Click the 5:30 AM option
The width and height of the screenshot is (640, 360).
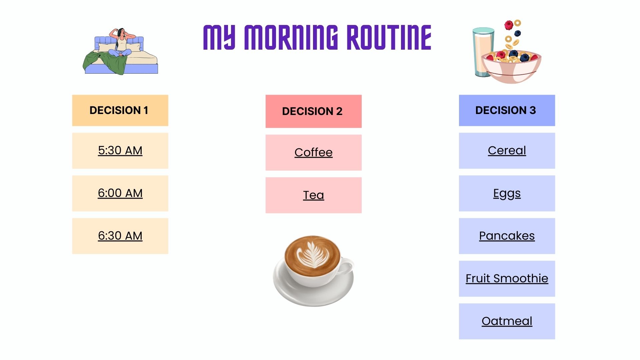[120, 151]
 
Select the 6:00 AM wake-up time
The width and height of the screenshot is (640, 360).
[120, 193]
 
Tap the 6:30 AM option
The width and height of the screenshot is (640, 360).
[120, 236]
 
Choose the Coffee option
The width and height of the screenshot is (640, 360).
[313, 153]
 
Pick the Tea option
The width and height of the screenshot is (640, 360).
[313, 195]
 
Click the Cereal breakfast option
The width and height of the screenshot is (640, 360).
[507, 151]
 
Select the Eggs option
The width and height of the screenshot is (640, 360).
[507, 193]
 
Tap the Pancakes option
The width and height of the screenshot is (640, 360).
[507, 236]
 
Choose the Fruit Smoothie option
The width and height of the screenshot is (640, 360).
[507, 279]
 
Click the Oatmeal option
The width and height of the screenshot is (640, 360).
[507, 321]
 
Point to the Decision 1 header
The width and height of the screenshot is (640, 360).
[120, 110]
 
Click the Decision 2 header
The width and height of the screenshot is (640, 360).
[313, 111]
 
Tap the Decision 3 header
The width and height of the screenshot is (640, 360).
[507, 110]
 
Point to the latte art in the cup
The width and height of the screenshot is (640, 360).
[312, 256]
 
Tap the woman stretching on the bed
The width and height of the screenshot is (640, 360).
[121, 42]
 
